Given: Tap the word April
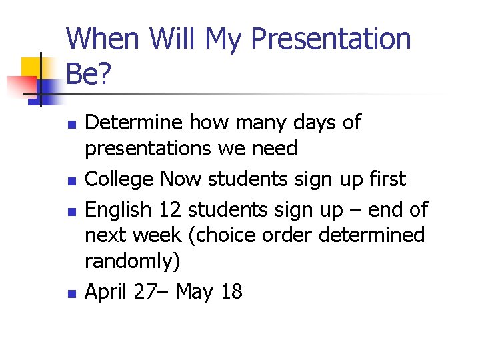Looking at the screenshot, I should tap(106, 291).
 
